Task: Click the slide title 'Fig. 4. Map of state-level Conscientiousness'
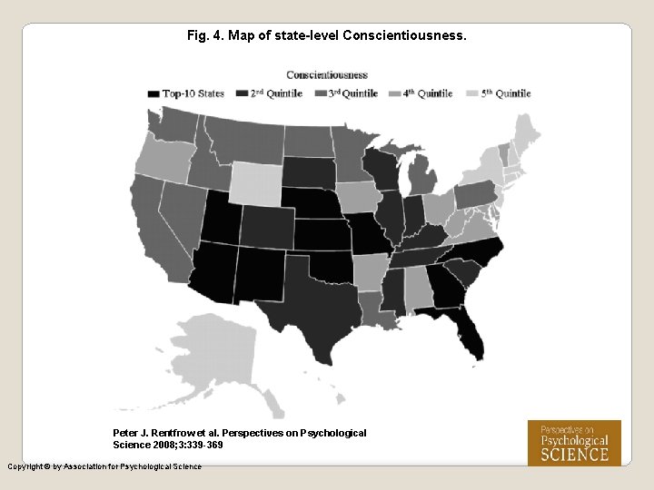pyautogui.click(x=326, y=36)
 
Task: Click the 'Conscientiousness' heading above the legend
pyautogui.click(x=327, y=74)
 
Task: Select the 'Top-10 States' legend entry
pyautogui.click(x=186, y=93)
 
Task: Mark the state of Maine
pyautogui.click(x=526, y=132)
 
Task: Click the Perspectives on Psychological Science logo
pyautogui.click(x=574, y=443)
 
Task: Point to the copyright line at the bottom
pyautogui.click(x=104, y=466)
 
